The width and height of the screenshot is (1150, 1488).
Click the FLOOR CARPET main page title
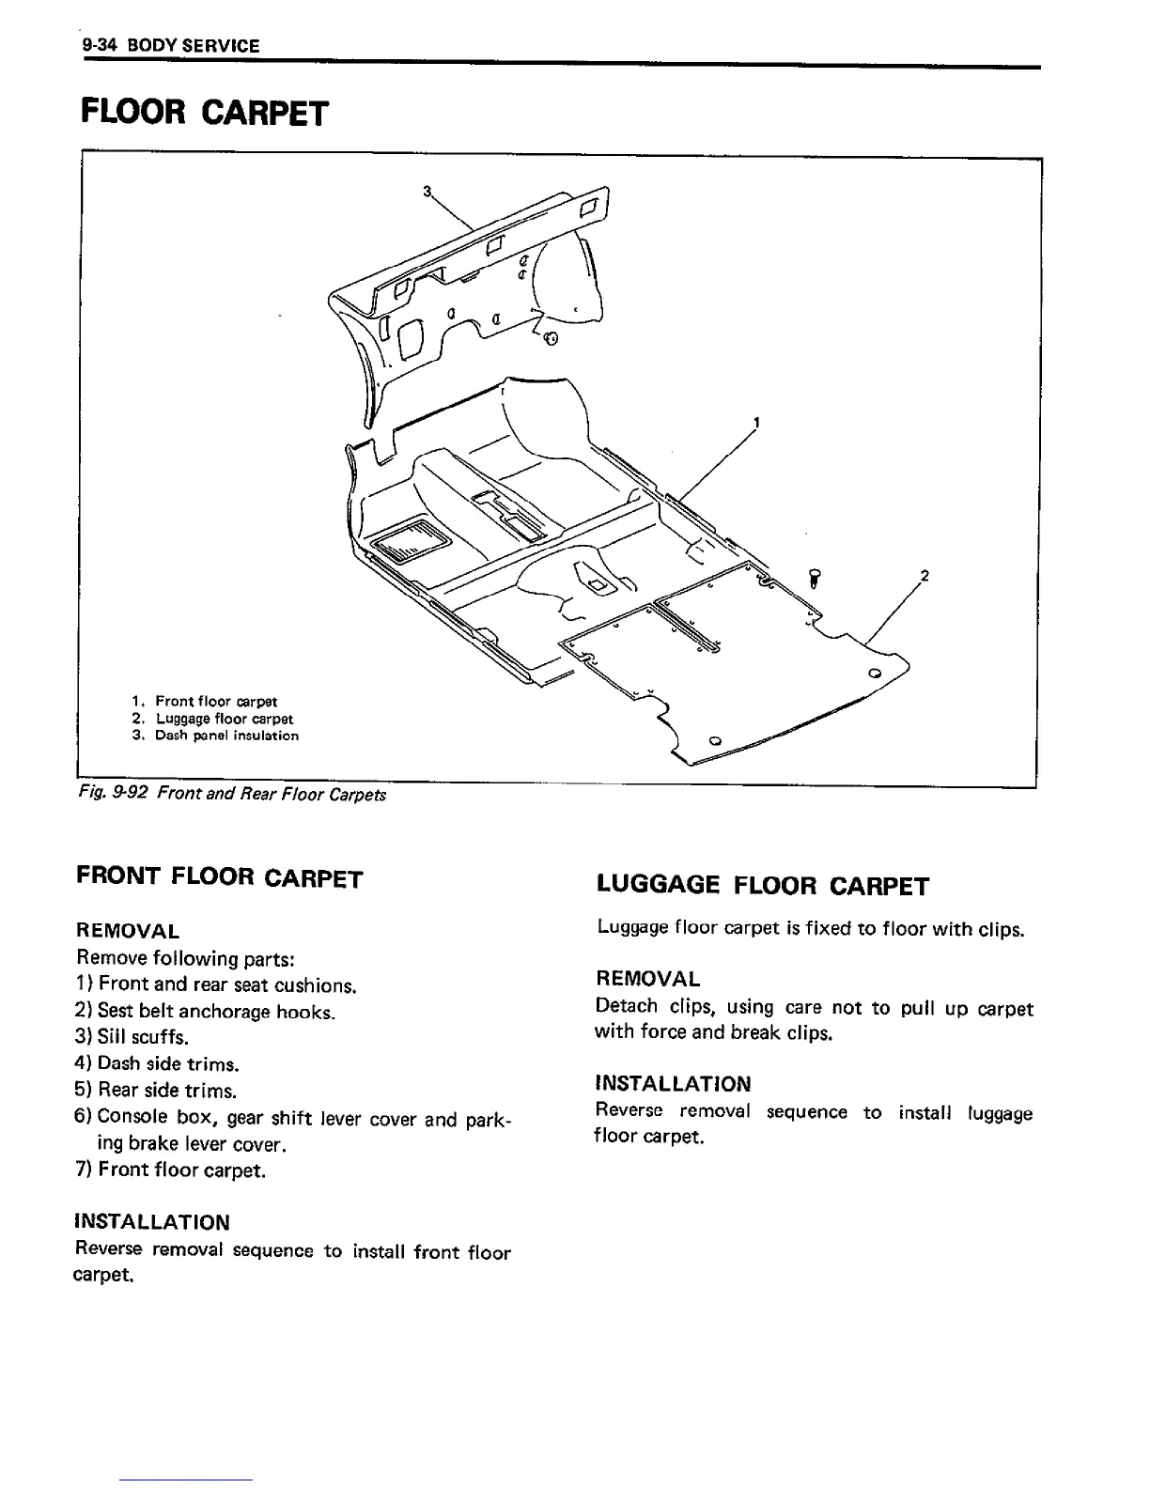click(x=205, y=112)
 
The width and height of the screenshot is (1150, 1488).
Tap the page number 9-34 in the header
click(x=97, y=45)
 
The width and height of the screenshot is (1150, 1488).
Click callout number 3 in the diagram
click(x=427, y=193)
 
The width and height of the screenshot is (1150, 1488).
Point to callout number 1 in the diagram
click(x=756, y=422)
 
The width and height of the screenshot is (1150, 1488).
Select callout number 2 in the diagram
click(x=924, y=576)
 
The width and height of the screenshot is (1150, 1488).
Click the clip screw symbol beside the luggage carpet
click(x=814, y=578)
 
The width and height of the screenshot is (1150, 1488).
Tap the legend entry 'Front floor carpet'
click(x=215, y=701)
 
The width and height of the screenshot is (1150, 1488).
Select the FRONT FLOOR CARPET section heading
click(x=218, y=878)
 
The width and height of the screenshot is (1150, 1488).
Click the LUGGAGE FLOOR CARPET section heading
click(x=762, y=885)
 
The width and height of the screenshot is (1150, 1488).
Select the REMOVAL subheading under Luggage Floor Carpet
click(x=647, y=979)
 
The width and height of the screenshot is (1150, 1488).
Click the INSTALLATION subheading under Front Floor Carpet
click(x=151, y=1222)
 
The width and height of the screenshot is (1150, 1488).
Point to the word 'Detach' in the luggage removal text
click(x=627, y=1007)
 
